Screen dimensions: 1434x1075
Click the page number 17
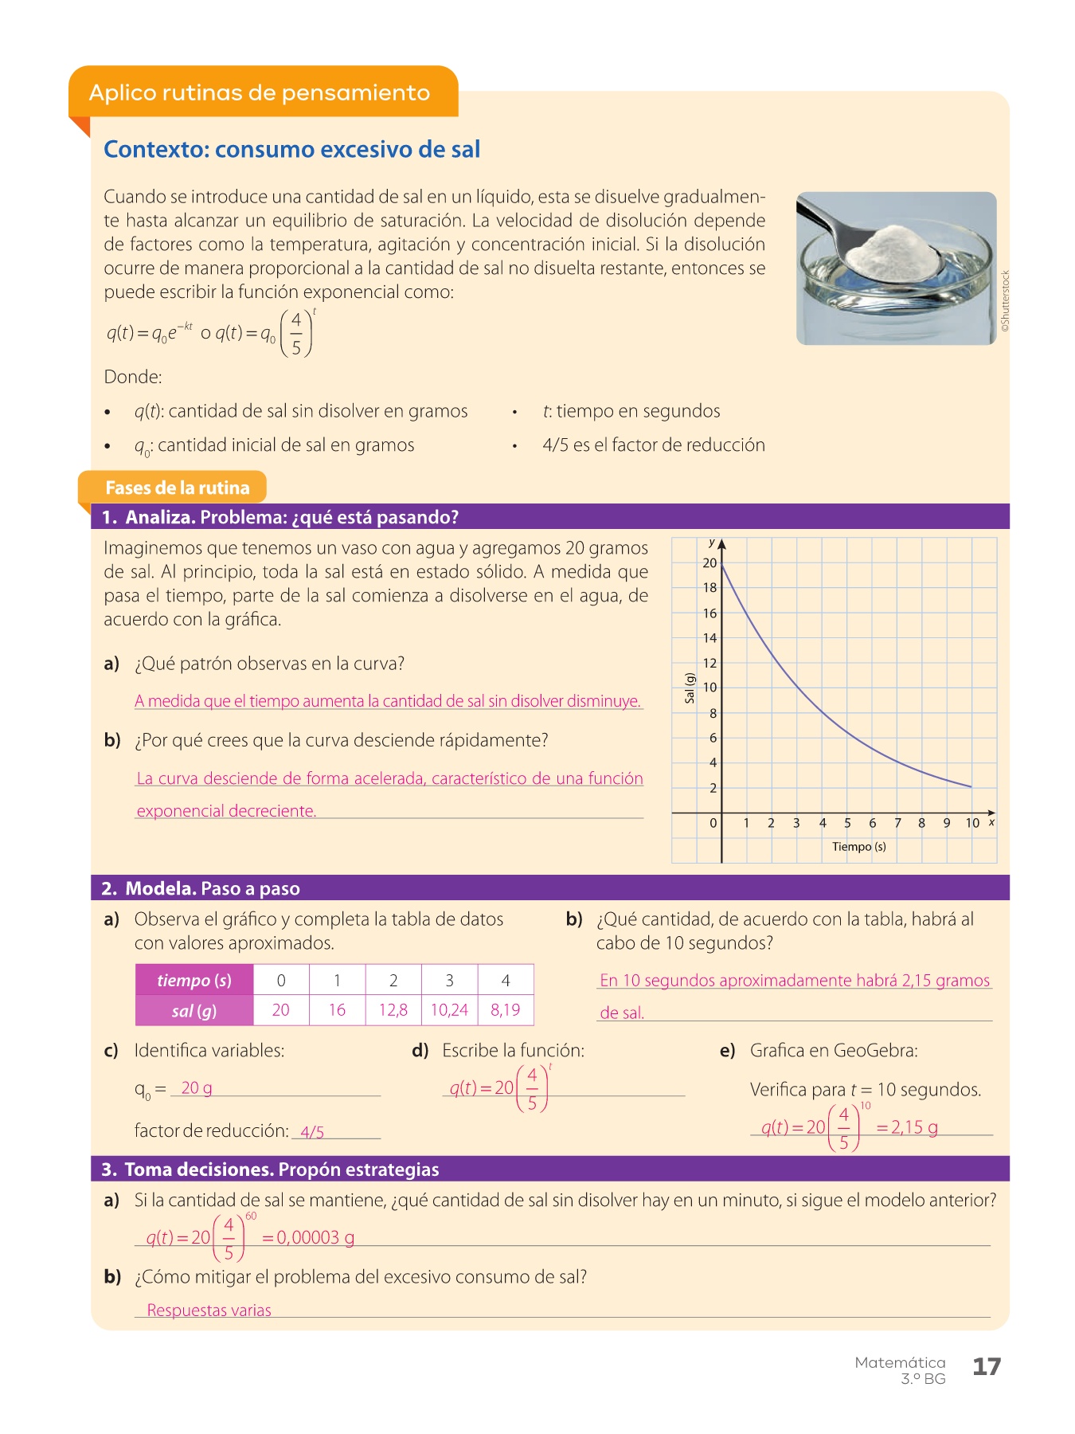(x=986, y=1366)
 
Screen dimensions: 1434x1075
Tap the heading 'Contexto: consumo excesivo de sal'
(x=291, y=149)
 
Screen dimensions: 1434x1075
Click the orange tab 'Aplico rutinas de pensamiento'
(x=260, y=92)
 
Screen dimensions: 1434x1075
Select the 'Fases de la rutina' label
(x=177, y=488)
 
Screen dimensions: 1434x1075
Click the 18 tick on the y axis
(x=709, y=587)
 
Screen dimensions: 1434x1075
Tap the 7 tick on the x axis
(x=897, y=823)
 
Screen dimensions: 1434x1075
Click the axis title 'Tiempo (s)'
(x=858, y=846)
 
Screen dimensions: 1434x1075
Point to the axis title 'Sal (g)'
(x=690, y=688)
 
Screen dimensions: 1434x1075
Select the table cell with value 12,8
(x=393, y=1010)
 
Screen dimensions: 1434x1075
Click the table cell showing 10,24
(x=449, y=1010)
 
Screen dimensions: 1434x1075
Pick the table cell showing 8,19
(x=506, y=1010)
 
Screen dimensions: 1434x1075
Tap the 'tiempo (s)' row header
(x=194, y=980)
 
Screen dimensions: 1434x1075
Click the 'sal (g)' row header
(x=194, y=1011)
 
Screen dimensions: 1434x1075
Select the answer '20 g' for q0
(x=197, y=1087)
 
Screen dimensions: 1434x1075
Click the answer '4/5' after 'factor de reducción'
(x=312, y=1132)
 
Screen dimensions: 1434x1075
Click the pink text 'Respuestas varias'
(x=209, y=1311)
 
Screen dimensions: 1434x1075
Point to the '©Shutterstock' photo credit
(x=1005, y=300)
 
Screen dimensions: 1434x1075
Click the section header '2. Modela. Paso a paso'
(x=201, y=888)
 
